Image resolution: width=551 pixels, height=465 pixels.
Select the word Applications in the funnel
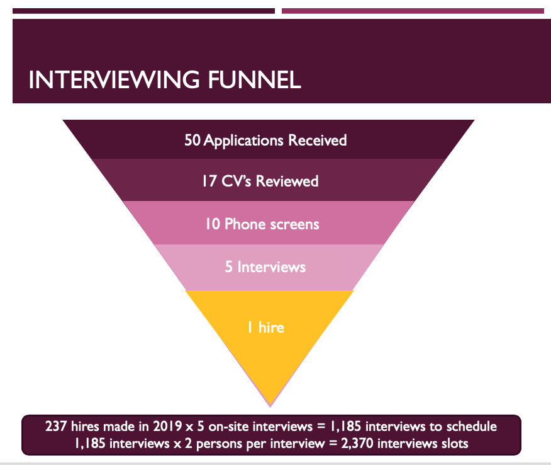point(244,139)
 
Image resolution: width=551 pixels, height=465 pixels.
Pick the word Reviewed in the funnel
point(290,181)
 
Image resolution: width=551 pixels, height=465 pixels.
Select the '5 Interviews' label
point(265,267)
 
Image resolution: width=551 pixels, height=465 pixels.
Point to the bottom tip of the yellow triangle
point(269,405)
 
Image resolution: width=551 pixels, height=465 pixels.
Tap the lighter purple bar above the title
point(413,11)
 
